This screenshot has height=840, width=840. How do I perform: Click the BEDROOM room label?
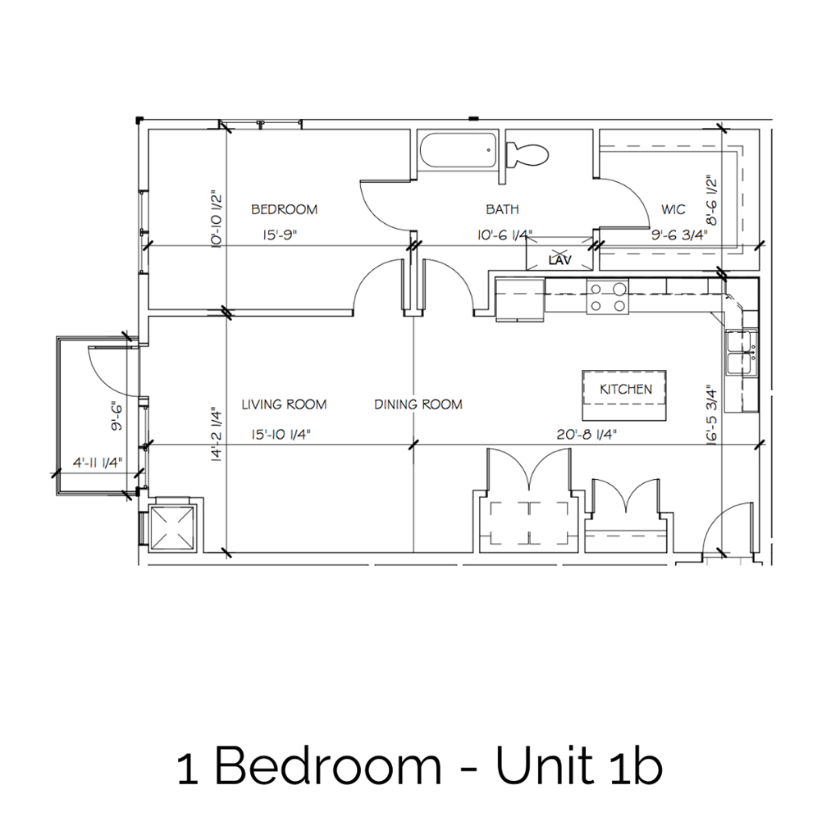pyautogui.click(x=284, y=210)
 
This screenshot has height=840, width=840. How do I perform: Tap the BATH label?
pyautogui.click(x=502, y=210)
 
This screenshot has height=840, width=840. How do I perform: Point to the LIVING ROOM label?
pyautogui.click(x=284, y=404)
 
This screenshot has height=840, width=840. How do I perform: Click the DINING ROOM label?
pyautogui.click(x=418, y=404)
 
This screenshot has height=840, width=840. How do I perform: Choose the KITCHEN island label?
pyautogui.click(x=625, y=390)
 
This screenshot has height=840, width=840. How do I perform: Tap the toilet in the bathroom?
pyautogui.click(x=527, y=153)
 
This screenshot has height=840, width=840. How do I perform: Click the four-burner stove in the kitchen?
pyautogui.click(x=608, y=296)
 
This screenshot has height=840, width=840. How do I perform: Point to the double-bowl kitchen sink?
pyautogui.click(x=742, y=350)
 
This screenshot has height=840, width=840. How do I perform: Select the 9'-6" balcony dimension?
pyautogui.click(x=117, y=415)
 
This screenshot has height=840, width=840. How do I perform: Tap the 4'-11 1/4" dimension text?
pyautogui.click(x=96, y=461)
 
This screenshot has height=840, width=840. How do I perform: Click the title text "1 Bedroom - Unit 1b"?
pyautogui.click(x=419, y=767)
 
